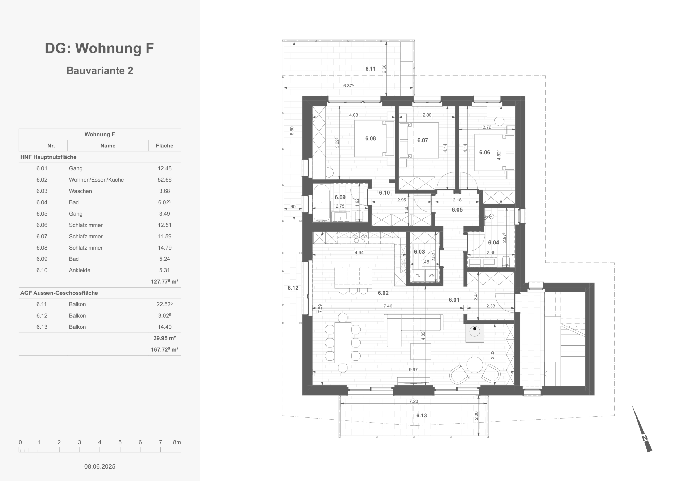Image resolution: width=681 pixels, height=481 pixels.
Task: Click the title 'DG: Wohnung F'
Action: pyautogui.click(x=99, y=48)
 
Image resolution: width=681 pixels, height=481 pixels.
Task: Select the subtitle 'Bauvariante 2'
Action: pyautogui.click(x=100, y=70)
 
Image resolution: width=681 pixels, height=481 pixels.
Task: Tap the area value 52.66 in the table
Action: pyautogui.click(x=165, y=180)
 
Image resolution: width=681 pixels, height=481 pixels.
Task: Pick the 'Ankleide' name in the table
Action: pyautogui.click(x=80, y=270)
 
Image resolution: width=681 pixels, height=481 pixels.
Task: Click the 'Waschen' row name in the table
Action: pyautogui.click(x=80, y=191)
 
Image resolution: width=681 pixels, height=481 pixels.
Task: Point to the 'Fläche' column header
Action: pyautogui.click(x=165, y=146)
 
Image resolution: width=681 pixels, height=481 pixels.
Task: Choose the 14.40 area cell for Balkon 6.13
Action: pyautogui.click(x=165, y=327)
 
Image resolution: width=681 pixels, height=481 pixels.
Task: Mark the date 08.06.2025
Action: pyautogui.click(x=100, y=466)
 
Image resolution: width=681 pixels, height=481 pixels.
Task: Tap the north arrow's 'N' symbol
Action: pyautogui.click(x=645, y=438)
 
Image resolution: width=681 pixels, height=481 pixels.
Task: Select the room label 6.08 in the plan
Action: pyautogui.click(x=371, y=138)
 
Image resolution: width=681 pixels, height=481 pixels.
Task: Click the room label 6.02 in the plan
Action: pyautogui.click(x=383, y=293)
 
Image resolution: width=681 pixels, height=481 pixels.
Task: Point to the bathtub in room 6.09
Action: pyautogui.click(x=322, y=203)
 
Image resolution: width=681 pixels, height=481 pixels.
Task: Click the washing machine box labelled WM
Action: pyautogui.click(x=431, y=275)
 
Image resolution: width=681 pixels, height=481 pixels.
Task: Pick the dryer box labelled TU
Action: pyautogui.click(x=418, y=275)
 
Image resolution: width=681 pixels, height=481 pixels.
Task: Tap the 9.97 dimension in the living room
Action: pyautogui.click(x=413, y=370)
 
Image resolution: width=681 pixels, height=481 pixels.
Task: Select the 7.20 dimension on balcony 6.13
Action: pyautogui.click(x=413, y=401)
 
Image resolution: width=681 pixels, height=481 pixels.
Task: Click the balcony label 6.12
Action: pyautogui.click(x=293, y=288)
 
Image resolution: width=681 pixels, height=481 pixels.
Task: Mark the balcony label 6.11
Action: pyautogui.click(x=371, y=69)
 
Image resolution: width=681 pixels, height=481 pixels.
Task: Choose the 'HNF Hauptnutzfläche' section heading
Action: pyautogui.click(x=48, y=157)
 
